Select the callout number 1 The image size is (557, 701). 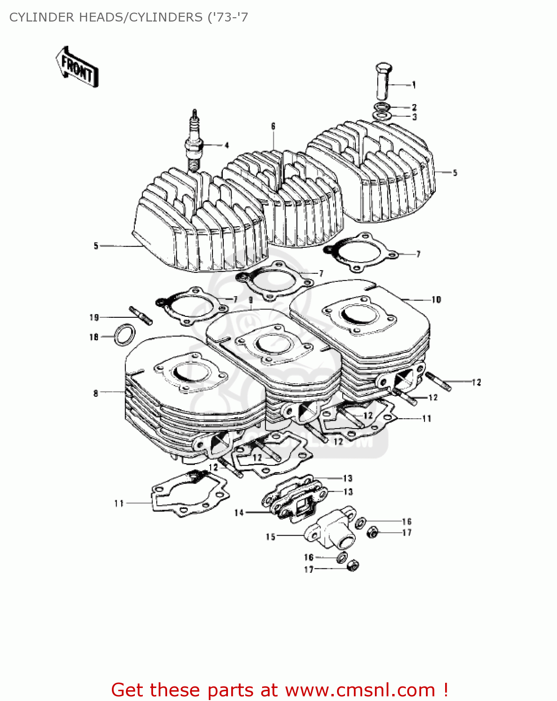(414, 85)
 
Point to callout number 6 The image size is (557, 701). (273, 126)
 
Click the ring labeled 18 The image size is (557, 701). (125, 335)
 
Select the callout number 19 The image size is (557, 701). (94, 317)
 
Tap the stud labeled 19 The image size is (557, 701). (140, 314)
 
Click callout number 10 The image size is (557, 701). (436, 300)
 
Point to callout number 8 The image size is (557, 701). (95, 393)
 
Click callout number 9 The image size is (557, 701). (251, 300)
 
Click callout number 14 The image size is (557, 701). (239, 513)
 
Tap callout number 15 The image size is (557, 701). (271, 536)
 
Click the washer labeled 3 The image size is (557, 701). (382, 115)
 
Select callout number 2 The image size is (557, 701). (414, 107)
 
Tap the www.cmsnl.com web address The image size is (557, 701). (360, 690)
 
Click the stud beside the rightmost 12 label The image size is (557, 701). (439, 381)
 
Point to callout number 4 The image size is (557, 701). (227, 145)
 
